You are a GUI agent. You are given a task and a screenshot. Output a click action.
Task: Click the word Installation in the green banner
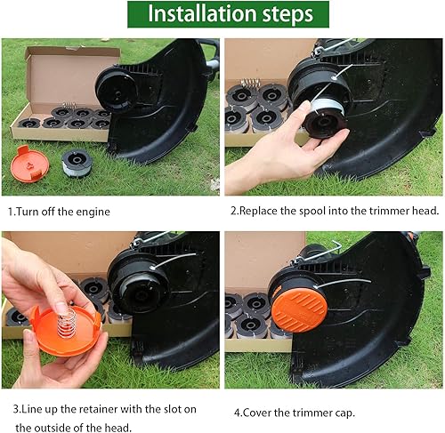point(202,14)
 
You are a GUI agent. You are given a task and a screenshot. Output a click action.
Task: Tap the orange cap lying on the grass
point(29,164)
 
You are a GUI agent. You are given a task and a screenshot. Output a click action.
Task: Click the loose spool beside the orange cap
point(77,163)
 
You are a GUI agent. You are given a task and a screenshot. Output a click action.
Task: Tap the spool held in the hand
point(325,118)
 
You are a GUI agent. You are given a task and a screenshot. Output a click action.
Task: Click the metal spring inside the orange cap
point(67,322)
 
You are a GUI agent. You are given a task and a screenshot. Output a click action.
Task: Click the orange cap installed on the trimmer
point(299,309)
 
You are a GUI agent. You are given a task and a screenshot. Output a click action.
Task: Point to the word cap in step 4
point(344,413)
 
